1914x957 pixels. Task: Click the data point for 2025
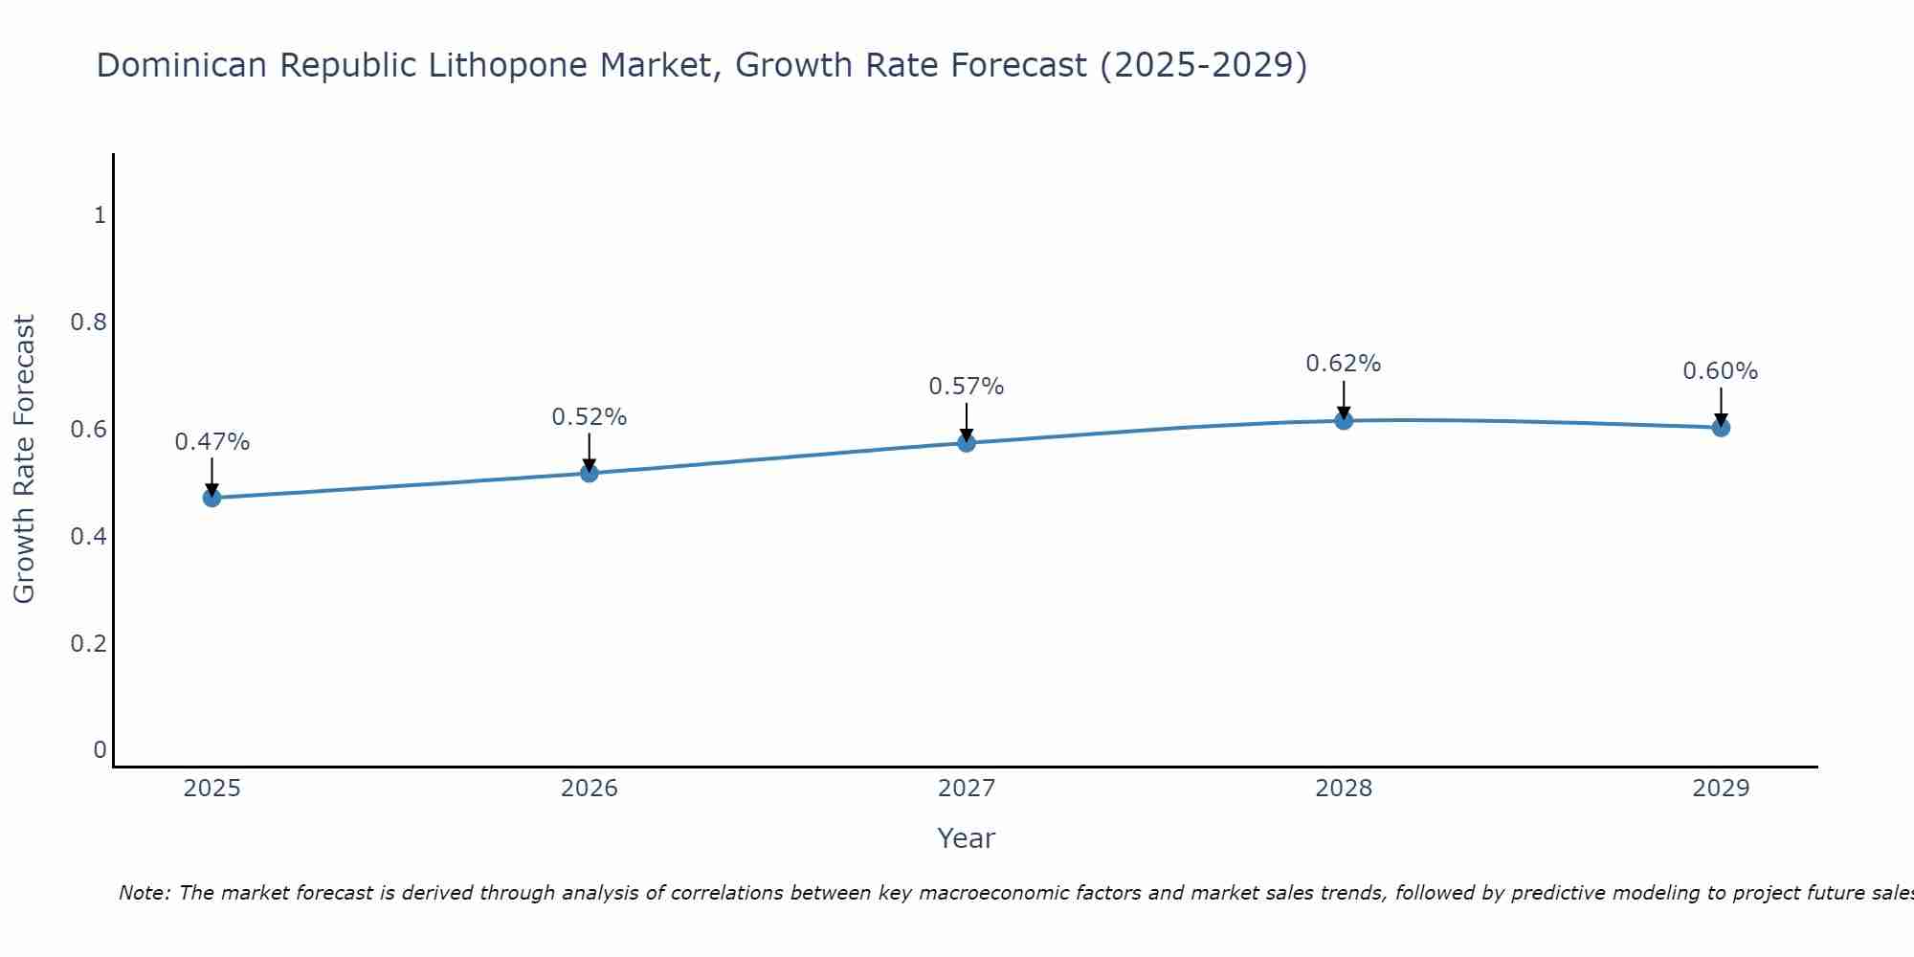click(211, 498)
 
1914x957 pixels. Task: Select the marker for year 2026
click(589, 473)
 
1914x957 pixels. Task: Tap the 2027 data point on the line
click(967, 442)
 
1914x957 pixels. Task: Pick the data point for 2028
click(1344, 420)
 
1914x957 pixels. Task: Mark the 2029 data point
click(1721, 427)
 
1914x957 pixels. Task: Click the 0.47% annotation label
click(211, 442)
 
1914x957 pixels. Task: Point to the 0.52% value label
click(589, 417)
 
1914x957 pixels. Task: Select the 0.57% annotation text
click(967, 387)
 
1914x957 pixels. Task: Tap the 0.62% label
click(1344, 364)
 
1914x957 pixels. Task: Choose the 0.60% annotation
click(1721, 371)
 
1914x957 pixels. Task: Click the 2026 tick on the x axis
click(589, 789)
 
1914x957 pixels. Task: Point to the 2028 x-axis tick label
click(1344, 789)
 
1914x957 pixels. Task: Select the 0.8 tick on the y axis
click(88, 322)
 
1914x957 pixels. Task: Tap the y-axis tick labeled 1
click(100, 215)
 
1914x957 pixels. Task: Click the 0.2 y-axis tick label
click(88, 643)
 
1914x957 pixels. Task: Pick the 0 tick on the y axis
click(100, 749)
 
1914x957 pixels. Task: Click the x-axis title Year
click(967, 838)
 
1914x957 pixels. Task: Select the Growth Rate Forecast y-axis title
click(25, 459)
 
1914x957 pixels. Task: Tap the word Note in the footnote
click(144, 893)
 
